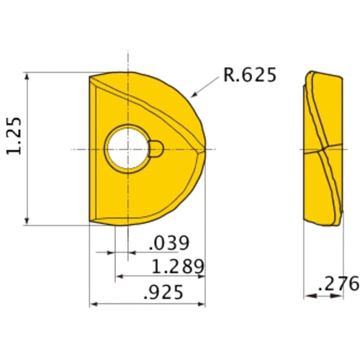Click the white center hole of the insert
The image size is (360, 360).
pyautogui.click(x=127, y=149)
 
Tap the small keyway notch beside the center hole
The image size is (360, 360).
pyautogui.click(x=156, y=149)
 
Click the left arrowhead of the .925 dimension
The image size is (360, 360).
pyautogui.click(x=93, y=305)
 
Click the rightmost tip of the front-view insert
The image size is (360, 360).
pyautogui.click(x=205, y=149)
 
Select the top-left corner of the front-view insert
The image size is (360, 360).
pyautogui.click(x=89, y=74)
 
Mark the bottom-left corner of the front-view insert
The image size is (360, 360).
pyautogui.click(x=89, y=223)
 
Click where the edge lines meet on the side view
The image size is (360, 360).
pyautogui.click(x=320, y=150)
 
